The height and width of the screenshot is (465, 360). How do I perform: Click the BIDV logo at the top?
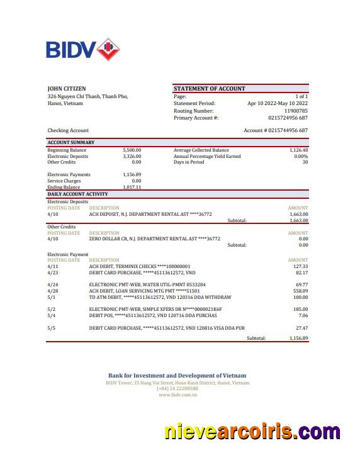[82, 49]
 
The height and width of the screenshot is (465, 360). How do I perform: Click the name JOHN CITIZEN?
[67, 89]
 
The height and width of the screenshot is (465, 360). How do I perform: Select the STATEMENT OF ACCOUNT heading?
[209, 89]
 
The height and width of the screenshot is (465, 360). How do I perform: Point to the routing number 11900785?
[296, 111]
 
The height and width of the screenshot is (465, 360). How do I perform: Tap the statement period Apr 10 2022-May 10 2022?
[278, 103]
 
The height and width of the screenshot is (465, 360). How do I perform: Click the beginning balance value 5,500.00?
[132, 150]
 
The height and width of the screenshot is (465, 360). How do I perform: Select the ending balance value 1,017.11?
[132, 187]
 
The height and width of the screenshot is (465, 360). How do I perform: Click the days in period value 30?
[305, 162]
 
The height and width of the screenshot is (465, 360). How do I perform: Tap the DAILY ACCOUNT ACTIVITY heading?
[77, 194]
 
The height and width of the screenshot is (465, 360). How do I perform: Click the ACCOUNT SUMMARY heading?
[71, 143]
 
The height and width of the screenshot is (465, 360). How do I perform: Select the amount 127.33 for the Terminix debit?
[300, 266]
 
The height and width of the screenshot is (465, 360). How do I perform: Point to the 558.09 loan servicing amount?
[300, 291]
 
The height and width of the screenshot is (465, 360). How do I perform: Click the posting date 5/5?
[52, 328]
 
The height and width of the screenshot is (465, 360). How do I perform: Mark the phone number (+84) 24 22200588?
[177, 389]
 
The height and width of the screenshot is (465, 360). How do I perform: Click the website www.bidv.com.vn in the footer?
[177, 395]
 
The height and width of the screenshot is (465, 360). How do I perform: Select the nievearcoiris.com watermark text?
[252, 433]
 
